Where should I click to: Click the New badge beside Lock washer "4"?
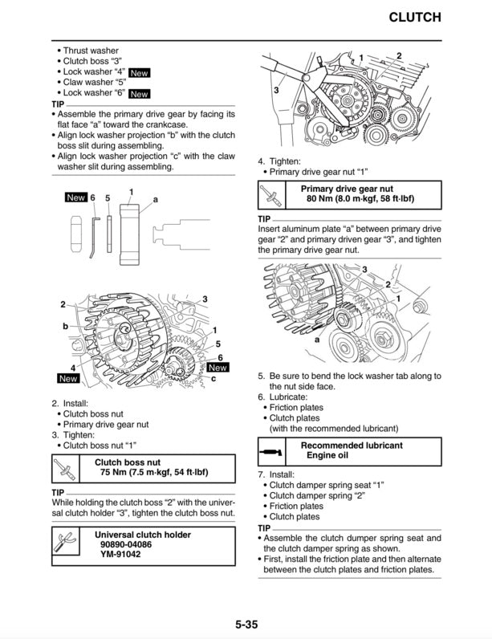[139, 72]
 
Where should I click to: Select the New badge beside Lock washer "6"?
[139, 94]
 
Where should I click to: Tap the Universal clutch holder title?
[142, 534]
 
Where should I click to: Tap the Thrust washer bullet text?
[90, 51]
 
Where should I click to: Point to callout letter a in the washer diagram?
[155, 198]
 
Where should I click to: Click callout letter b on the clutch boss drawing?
[65, 327]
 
